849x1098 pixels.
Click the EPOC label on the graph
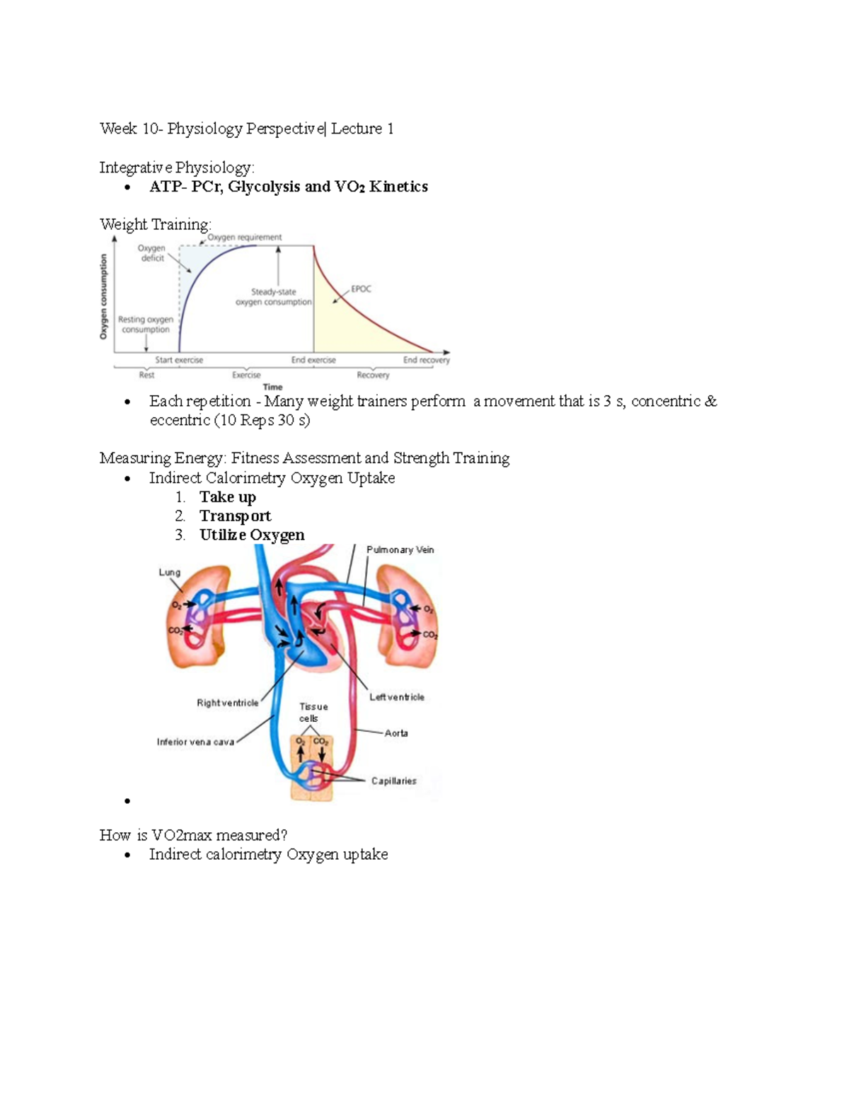[x=361, y=288]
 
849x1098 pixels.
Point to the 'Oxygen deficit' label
[x=151, y=253]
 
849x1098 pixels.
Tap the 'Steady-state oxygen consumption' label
[x=274, y=297]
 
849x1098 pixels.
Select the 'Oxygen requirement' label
[x=244, y=238]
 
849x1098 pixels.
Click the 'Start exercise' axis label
[x=179, y=360]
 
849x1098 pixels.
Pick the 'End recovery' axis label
[x=426, y=360]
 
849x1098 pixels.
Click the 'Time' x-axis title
[x=272, y=387]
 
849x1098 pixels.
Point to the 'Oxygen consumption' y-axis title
[x=104, y=297]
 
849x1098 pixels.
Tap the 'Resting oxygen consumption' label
[x=146, y=325]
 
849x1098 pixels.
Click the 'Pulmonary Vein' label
[x=400, y=549]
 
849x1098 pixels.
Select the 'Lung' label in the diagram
[x=169, y=572]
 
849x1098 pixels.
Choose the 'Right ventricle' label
[x=227, y=703]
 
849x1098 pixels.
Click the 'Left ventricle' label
[x=396, y=697]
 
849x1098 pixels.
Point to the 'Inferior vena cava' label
[x=195, y=742]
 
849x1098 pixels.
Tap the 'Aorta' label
[x=396, y=733]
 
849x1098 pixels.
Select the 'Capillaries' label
[x=393, y=781]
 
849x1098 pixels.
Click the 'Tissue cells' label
[x=313, y=712]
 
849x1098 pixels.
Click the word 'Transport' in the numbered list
[x=235, y=516]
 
